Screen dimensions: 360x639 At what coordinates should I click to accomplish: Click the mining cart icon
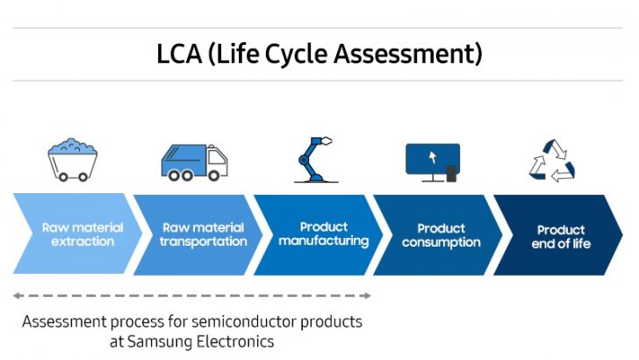click(72, 159)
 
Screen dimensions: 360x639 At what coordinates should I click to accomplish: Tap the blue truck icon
click(193, 161)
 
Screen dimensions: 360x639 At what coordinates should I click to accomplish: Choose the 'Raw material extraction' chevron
click(75, 234)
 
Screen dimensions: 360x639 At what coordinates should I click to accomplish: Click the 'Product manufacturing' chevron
click(321, 234)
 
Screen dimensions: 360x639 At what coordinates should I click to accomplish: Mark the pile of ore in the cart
click(72, 146)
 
